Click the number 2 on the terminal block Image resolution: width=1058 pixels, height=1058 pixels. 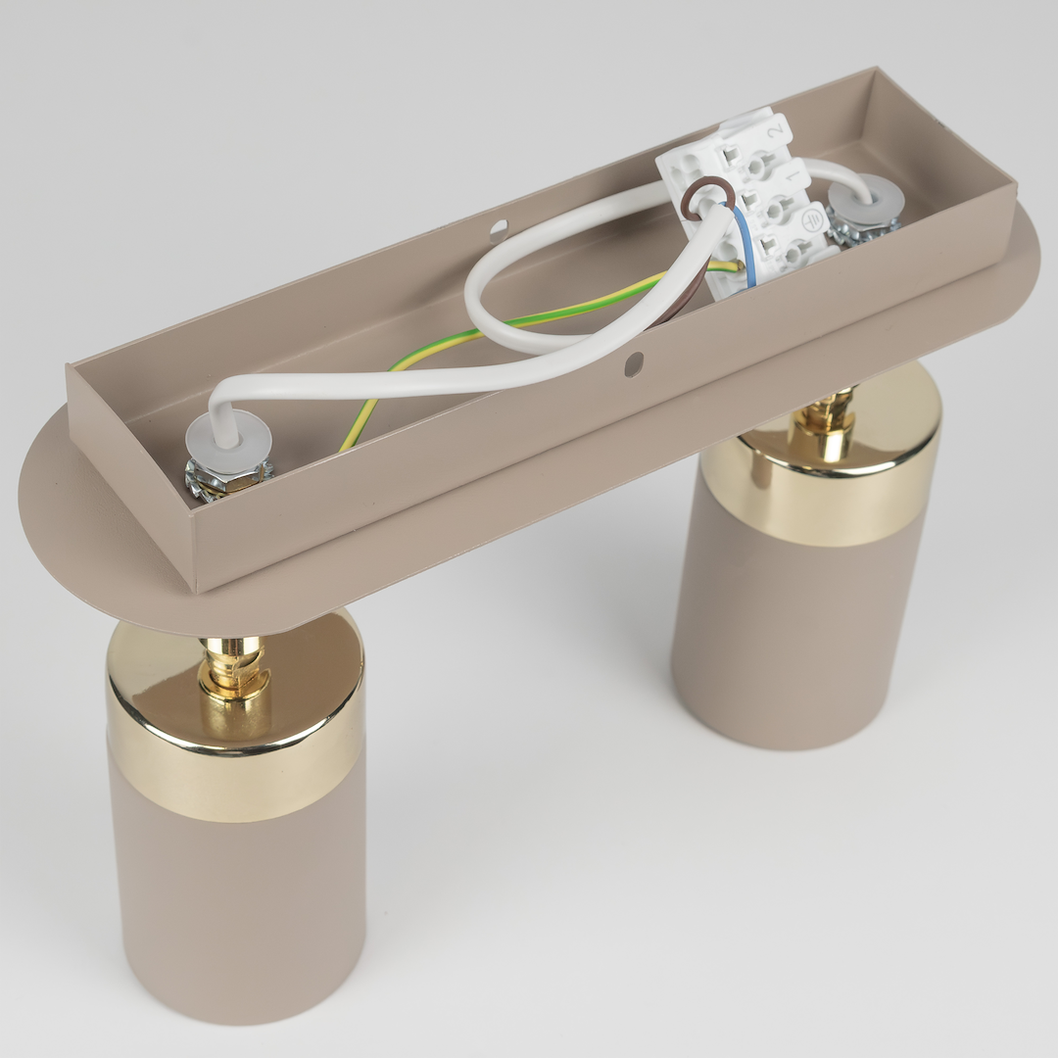pos(776,127)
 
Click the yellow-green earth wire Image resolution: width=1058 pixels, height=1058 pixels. pos(509,323)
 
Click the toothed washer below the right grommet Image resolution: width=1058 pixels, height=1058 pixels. pos(862,231)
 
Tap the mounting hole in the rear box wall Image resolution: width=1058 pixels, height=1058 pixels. pos(499,231)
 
